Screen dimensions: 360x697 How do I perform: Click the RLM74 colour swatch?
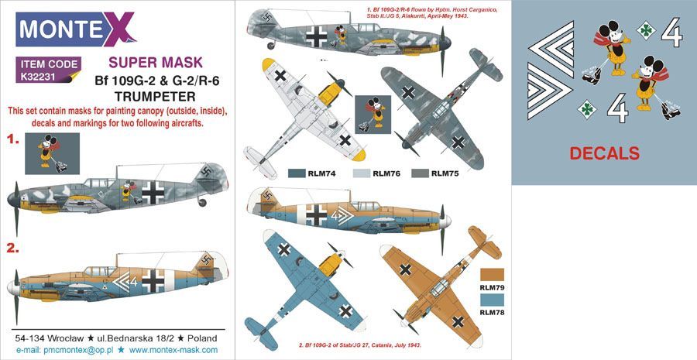tap(297, 173)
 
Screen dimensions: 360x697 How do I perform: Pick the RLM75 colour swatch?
tap(421, 173)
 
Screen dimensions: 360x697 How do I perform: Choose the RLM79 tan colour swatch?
tap(493, 273)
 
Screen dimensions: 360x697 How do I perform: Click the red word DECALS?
tap(605, 153)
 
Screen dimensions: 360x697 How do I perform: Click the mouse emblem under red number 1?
tap(50, 152)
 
